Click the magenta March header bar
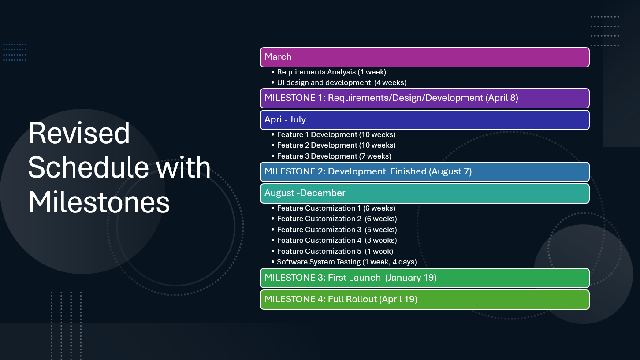(424, 57)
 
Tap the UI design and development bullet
(341, 82)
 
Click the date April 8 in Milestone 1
(502, 98)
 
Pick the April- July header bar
(424, 120)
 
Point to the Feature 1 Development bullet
(336, 134)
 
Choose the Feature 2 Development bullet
(336, 145)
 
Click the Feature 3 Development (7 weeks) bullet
(334, 156)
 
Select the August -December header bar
(424, 193)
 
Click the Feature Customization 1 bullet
(336, 208)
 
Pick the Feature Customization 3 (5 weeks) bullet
(337, 230)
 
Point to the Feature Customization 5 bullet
(335, 251)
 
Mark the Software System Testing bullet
(346, 262)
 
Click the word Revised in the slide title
(79, 133)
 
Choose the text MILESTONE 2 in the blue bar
(294, 171)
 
